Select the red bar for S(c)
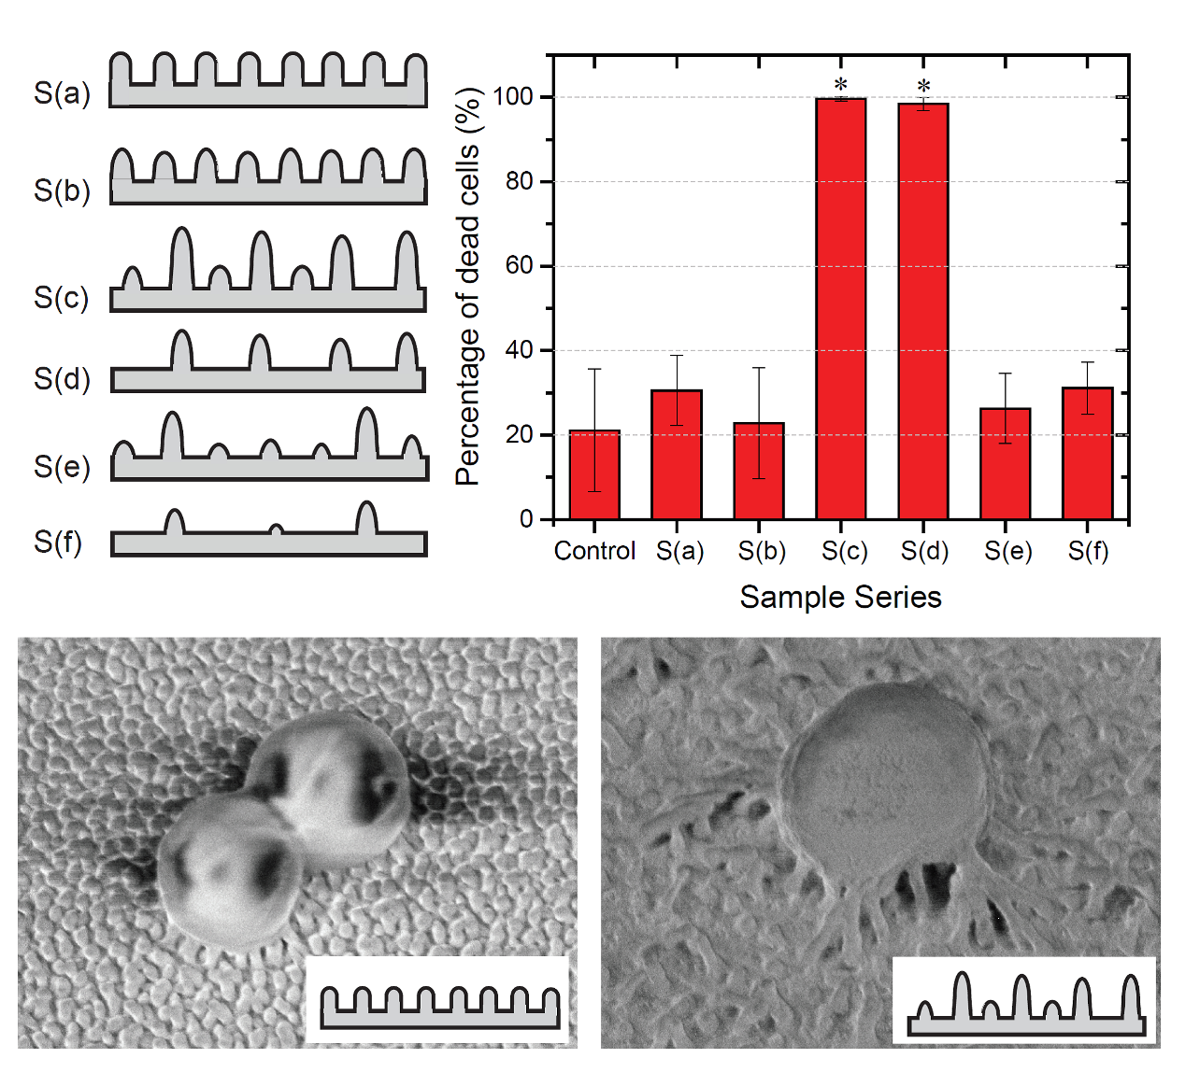[x=841, y=308]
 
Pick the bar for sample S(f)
[x=1088, y=453]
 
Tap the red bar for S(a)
[x=677, y=454]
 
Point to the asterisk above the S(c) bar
[x=841, y=84]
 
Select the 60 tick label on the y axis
[x=519, y=266]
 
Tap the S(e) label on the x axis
[x=1007, y=551]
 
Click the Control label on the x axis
[x=594, y=551]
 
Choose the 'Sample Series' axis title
[x=840, y=598]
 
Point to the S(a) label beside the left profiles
[x=62, y=93]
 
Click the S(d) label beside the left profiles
[x=62, y=378]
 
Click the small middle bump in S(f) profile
[x=276, y=529]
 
